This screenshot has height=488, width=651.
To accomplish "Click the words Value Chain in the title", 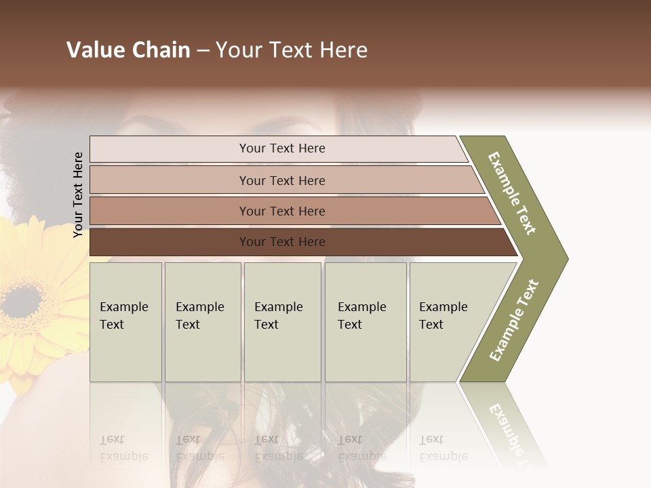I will (128, 50).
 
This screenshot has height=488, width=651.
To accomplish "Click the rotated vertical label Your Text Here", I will (78, 195).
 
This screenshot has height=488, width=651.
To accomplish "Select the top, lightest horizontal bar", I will (170, 149).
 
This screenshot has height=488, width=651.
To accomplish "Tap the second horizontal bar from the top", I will (170, 180).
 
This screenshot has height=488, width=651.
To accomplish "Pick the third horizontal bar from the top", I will (170, 211).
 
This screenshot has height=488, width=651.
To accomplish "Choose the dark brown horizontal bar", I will (170, 242).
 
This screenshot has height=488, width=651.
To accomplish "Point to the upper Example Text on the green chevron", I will (512, 193).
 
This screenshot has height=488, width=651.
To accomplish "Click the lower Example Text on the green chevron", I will (513, 321).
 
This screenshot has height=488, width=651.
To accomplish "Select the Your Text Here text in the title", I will (292, 50).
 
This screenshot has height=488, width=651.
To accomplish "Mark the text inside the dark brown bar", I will (282, 242).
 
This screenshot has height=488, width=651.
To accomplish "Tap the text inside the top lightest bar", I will (282, 148).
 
